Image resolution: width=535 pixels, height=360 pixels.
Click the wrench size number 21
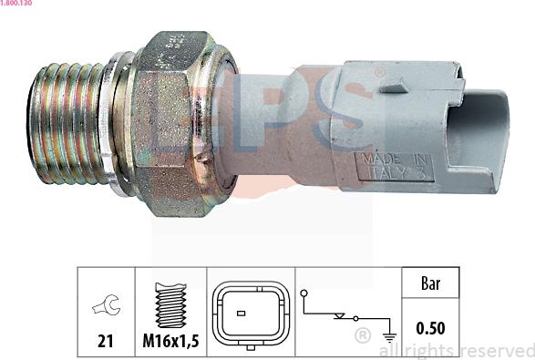click(x=106, y=342)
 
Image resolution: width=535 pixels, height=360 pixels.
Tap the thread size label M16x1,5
click(x=171, y=342)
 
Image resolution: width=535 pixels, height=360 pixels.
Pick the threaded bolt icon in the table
click(x=170, y=304)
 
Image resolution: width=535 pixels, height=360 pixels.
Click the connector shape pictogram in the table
click(x=250, y=313)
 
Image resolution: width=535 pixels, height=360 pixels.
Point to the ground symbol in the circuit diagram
click(x=391, y=334)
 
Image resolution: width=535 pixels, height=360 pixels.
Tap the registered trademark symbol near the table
click(x=362, y=336)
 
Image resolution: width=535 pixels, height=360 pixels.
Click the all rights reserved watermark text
click(x=455, y=350)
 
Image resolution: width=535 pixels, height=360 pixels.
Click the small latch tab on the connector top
click(x=393, y=88)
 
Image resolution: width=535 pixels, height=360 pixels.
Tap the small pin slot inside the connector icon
click(x=241, y=313)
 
